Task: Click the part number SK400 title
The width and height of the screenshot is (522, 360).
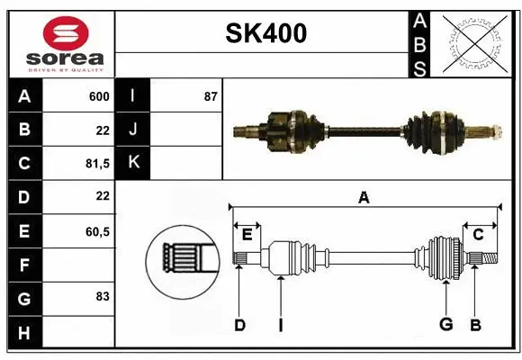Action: pos(265,33)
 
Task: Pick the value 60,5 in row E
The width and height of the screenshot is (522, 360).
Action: pos(97,231)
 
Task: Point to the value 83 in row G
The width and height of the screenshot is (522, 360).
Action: pos(102,295)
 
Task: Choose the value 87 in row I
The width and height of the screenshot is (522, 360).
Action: pos(210,96)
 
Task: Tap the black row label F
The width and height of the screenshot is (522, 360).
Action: pos(23,265)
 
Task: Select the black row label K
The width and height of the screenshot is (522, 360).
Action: pos(133,163)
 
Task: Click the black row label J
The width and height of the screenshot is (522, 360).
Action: pos(133,130)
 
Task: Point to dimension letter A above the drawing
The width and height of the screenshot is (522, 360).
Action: pos(364,197)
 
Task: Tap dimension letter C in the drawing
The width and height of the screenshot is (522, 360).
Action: pos(478,234)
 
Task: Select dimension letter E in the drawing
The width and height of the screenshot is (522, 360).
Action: pos(247,234)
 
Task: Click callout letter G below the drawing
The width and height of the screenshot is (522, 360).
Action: pos(445,325)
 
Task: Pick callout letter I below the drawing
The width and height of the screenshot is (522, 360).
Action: pos(281,325)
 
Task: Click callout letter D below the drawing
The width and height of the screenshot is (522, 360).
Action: pos(239,325)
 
